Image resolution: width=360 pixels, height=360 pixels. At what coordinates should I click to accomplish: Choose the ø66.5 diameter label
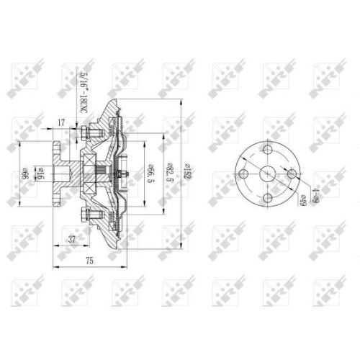[151, 174]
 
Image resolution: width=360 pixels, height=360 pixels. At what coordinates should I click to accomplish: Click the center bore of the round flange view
[267, 174]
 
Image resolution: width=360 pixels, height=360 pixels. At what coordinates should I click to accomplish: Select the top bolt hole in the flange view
[267, 149]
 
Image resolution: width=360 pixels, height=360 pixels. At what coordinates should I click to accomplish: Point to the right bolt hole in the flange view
[291, 174]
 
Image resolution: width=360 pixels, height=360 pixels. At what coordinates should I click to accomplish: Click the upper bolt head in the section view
[84, 132]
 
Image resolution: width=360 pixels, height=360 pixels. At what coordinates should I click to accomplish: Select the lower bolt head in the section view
[84, 213]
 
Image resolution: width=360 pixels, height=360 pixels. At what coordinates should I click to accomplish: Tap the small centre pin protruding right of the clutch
[125, 173]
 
